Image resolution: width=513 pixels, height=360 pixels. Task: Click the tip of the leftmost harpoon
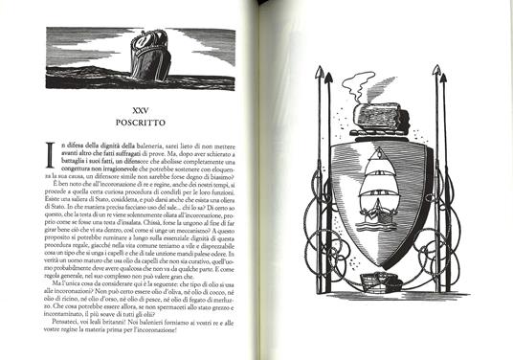326,70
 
